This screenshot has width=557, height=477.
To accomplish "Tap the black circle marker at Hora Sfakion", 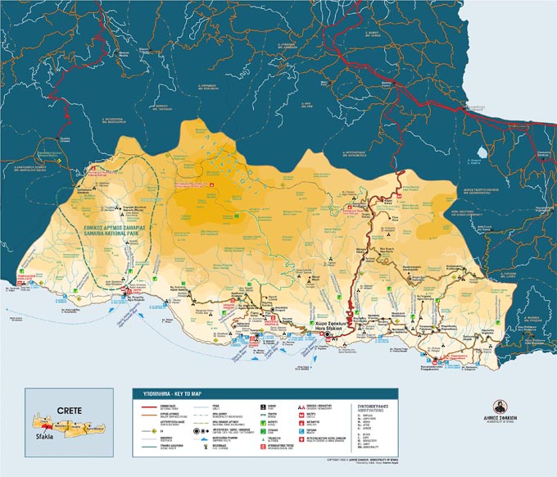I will pyautogui.click(x=327, y=334).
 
